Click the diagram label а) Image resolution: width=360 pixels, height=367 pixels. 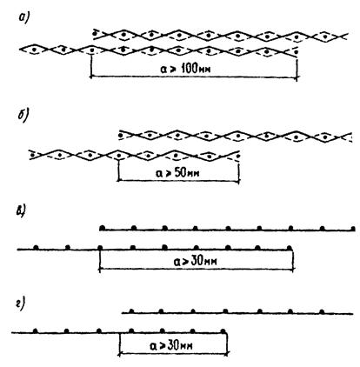[x=23, y=18]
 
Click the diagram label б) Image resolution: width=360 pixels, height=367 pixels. [x=23, y=116]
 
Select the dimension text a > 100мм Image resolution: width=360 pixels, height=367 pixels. [x=184, y=69]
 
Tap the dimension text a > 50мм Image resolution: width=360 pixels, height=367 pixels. [x=177, y=173]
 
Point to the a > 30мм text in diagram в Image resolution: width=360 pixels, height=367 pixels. [x=195, y=261]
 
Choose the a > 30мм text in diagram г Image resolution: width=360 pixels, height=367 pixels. [x=171, y=345]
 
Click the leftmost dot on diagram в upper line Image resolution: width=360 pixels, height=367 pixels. [x=102, y=228]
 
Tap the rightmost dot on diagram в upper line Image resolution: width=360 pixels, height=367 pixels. [x=353, y=229]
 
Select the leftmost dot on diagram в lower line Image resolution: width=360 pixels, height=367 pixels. [x=36, y=247]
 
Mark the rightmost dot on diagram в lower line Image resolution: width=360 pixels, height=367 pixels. [x=289, y=248]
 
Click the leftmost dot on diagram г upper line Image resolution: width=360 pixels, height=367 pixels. [x=131, y=311]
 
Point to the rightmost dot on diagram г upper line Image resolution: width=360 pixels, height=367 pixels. [x=322, y=311]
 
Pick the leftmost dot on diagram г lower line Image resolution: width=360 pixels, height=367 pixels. [x=36, y=330]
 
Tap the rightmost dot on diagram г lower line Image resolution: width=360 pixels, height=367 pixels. [x=223, y=330]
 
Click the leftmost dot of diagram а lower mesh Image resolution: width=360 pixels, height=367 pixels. [x=35, y=50]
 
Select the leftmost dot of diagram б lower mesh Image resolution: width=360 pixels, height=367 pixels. [x=32, y=155]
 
